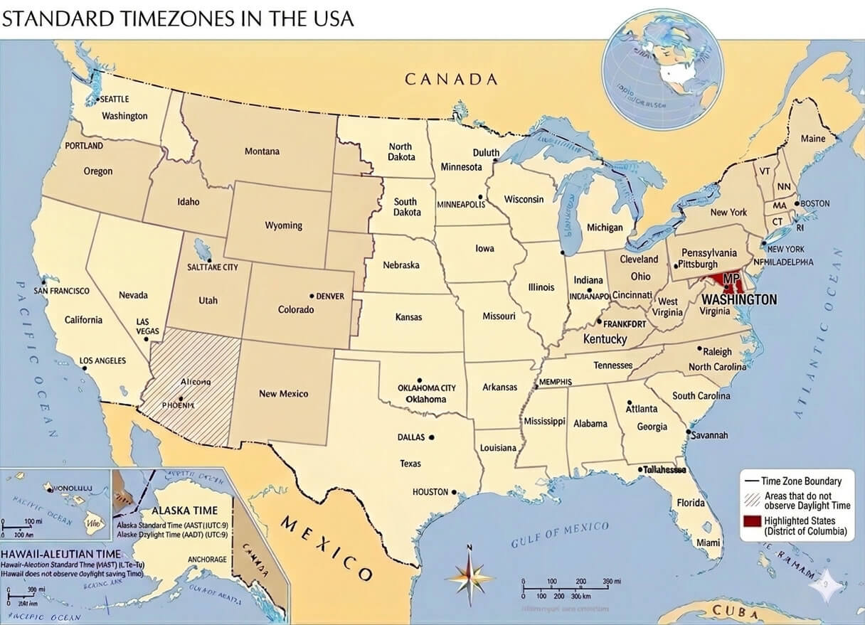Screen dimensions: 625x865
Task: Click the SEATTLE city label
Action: tap(114, 100)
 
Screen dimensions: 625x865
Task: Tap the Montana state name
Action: tap(262, 151)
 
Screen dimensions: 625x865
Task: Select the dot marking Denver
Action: tap(312, 296)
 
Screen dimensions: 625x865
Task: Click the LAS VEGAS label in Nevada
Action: tap(147, 326)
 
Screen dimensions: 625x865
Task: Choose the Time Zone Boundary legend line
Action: tap(751, 481)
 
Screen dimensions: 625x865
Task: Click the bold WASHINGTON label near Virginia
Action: tap(743, 300)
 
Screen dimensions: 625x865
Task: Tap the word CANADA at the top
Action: tap(451, 79)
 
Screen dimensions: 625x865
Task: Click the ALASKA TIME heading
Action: tap(184, 511)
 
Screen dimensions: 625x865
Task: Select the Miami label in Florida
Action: tap(708, 543)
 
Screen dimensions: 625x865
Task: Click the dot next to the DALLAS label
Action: tap(431, 438)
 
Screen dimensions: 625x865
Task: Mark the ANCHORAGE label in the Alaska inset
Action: tap(207, 560)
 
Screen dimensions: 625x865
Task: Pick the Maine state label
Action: tap(813, 139)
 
